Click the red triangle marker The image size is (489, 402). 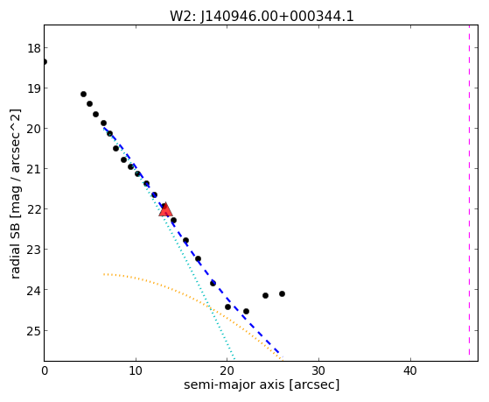[x=165, y=209]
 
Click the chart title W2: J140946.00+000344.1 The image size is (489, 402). [x=262, y=16]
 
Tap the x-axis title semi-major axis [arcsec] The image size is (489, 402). [x=262, y=384]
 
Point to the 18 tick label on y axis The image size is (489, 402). [x=34, y=48]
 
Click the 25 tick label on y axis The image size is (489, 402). [x=34, y=330]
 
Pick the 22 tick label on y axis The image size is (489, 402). [x=34, y=209]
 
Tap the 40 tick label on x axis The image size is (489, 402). [x=409, y=371]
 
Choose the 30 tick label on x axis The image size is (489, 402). [x=318, y=371]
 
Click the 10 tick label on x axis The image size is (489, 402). [x=136, y=371]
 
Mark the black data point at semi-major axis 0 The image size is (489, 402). [x=45, y=61]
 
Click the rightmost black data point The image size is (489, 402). [x=282, y=294]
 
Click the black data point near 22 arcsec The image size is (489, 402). [x=246, y=312]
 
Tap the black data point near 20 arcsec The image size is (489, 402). [x=227, y=307]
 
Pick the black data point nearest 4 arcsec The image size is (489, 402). [x=83, y=94]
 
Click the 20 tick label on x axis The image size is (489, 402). [x=227, y=371]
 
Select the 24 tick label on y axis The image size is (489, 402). [x=34, y=290]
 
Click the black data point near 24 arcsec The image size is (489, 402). [x=265, y=295]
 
